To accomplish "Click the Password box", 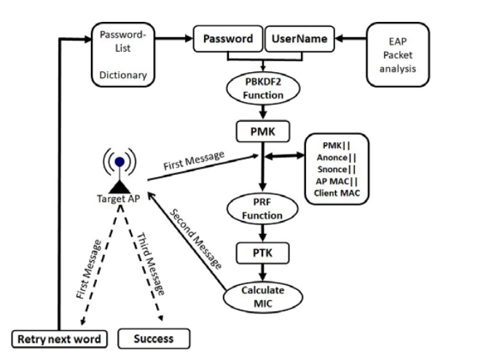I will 227,39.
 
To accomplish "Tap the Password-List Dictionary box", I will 123,55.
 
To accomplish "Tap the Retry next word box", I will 58,338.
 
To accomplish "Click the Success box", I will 154,338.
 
